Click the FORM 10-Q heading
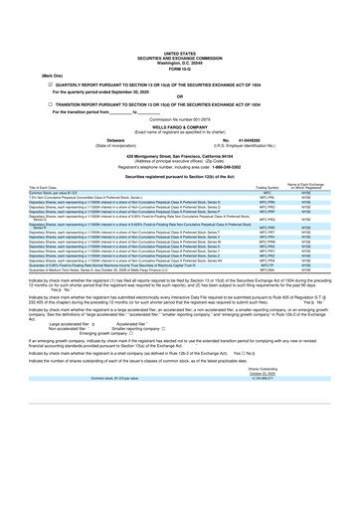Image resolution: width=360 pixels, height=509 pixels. point(180,39)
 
